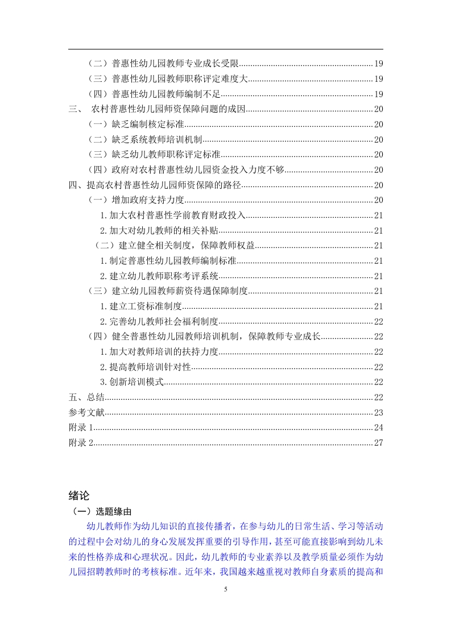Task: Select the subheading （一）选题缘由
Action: coord(101,511)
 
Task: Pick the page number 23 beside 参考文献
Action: coord(378,412)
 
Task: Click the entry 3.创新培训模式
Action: coord(132,382)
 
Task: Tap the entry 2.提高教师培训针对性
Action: coord(145,367)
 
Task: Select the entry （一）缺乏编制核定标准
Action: coord(136,125)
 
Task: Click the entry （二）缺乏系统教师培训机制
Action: coord(146,139)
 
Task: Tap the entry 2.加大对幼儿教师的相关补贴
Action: coord(159,230)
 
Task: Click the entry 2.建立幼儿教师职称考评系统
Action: coord(159,276)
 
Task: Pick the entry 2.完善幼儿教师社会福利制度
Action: coord(159,321)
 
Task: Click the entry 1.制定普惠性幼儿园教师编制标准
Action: coord(168,260)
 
